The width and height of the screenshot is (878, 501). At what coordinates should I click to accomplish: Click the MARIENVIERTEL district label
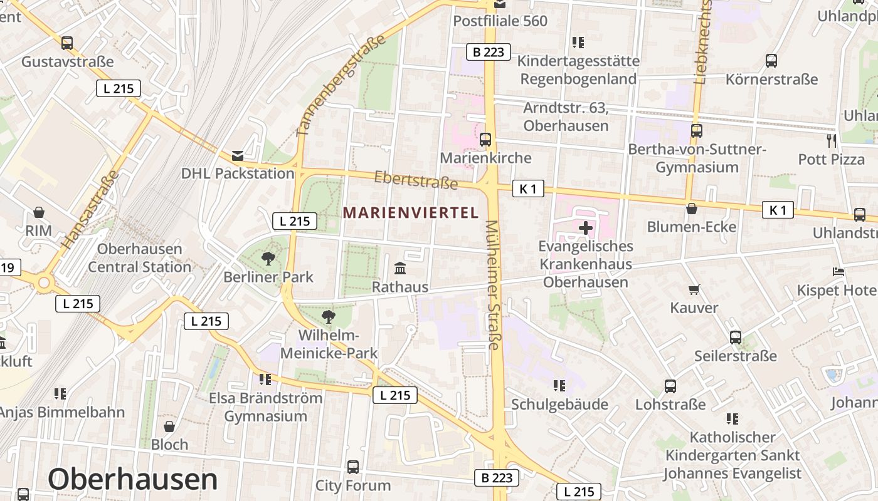click(411, 213)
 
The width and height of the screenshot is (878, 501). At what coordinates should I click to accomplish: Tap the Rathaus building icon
click(400, 269)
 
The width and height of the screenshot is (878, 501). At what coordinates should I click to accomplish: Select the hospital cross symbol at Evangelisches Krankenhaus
click(586, 228)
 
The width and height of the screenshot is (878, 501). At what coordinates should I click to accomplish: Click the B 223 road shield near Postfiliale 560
click(489, 52)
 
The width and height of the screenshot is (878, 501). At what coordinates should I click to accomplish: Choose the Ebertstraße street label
click(416, 180)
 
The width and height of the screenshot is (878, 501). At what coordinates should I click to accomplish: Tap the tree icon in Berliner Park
click(268, 257)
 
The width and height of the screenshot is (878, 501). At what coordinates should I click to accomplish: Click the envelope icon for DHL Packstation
click(238, 155)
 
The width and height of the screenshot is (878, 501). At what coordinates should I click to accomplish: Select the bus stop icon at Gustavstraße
click(67, 43)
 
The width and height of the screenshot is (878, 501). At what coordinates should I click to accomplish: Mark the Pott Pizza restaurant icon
click(832, 140)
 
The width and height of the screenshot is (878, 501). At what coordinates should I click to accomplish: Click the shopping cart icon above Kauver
click(694, 289)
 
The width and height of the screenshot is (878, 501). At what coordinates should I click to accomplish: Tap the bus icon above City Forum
click(353, 467)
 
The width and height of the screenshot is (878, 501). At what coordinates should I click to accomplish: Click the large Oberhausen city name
click(133, 479)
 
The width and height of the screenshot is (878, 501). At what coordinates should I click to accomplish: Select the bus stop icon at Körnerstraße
click(771, 61)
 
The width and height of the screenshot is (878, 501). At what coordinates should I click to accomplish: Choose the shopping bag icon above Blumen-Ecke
click(692, 209)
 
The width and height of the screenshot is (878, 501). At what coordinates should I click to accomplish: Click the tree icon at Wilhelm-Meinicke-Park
click(328, 316)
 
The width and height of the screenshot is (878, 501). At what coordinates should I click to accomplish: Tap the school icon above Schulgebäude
click(559, 386)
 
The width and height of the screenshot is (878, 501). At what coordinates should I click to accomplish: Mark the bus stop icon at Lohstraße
click(670, 386)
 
